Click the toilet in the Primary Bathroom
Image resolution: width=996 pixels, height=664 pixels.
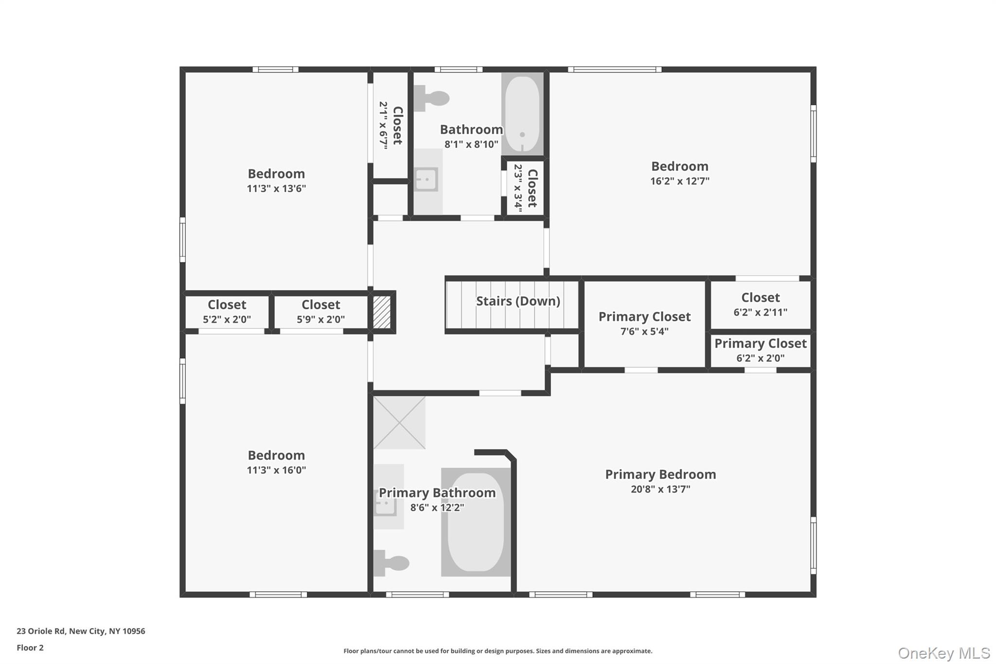tap(391, 563)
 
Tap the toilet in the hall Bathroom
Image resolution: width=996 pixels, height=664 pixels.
tap(432, 98)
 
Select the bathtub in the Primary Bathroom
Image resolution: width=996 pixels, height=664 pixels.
tap(476, 522)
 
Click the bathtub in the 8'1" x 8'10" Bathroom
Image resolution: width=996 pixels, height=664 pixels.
tap(522, 114)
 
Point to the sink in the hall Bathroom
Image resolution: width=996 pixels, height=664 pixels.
tap(427, 179)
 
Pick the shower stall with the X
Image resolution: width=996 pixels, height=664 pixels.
tap(399, 422)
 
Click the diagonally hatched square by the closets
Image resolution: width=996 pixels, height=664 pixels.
tap(382, 312)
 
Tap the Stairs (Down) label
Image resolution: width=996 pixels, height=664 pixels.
tap(518, 301)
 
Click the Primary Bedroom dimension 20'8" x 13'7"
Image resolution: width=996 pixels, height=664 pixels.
tap(660, 489)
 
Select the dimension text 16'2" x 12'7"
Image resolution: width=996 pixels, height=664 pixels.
tap(679, 181)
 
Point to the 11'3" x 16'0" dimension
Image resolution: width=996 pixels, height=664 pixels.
tap(276, 470)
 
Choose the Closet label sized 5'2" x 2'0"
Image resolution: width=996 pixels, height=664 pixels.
tap(227, 305)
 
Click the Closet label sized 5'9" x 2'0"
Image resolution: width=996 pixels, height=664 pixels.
tap(320, 305)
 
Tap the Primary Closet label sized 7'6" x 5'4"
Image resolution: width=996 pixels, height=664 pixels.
tap(644, 317)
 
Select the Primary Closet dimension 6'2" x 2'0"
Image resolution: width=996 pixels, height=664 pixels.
tap(760, 359)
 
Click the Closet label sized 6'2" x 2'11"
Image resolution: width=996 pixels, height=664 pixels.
tap(760, 298)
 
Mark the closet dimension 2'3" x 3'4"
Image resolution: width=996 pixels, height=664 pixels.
tap(518, 188)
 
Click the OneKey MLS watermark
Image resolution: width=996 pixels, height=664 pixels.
tap(943, 653)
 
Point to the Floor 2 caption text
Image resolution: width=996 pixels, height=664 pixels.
tap(30, 647)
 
